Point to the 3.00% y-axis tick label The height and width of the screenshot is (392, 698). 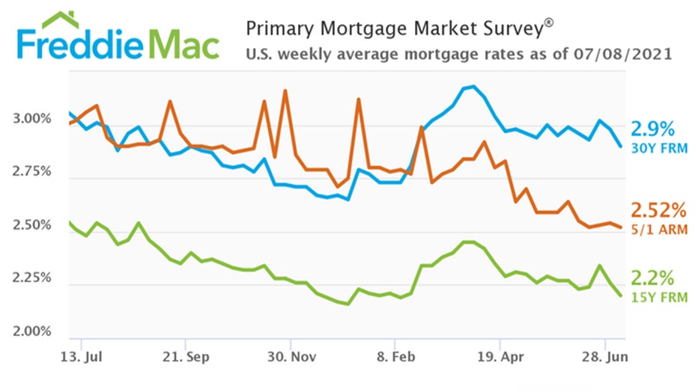click(x=33, y=120)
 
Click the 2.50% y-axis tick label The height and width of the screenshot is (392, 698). click(x=33, y=226)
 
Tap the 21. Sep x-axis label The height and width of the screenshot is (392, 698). click(x=185, y=357)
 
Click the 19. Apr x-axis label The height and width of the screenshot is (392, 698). click(x=499, y=357)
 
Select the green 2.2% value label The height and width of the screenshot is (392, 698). click(x=654, y=279)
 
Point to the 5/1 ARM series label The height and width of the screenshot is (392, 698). click(x=659, y=229)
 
